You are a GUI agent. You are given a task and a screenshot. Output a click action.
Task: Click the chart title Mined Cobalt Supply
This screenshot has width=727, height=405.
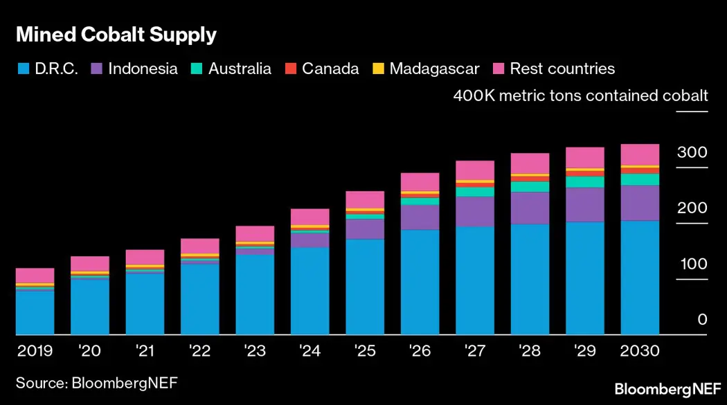116,35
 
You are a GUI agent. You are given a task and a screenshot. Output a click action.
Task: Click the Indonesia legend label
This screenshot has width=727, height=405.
143,69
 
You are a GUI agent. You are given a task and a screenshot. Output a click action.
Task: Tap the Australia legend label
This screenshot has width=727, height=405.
240,69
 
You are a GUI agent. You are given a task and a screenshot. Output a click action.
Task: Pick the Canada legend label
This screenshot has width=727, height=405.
330,69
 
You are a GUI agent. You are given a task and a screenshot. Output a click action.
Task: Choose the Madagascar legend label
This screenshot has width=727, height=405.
434,69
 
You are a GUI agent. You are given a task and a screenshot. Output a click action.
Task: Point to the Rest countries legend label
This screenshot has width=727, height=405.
562,69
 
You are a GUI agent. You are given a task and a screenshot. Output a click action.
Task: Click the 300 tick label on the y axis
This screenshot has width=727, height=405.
693,153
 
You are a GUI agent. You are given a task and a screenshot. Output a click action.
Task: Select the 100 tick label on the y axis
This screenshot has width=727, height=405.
693,264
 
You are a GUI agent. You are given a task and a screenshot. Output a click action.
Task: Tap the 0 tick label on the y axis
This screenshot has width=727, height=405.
702,320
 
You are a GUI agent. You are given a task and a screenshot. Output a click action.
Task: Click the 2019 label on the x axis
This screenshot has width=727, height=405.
35,351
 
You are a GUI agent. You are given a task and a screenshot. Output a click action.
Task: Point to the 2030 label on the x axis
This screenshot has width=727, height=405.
640,351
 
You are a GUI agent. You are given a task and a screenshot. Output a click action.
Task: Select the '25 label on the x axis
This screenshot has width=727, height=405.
365,351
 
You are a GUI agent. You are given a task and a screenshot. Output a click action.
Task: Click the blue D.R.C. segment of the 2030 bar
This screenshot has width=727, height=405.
640,277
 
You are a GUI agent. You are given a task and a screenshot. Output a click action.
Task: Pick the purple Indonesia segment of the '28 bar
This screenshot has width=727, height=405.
530,208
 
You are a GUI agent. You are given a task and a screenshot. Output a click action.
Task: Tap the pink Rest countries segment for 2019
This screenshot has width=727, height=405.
35,276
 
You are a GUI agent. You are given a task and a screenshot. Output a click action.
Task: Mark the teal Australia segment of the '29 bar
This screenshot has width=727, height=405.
585,182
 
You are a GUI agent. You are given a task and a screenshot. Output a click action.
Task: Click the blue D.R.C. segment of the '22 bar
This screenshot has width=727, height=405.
200,299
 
